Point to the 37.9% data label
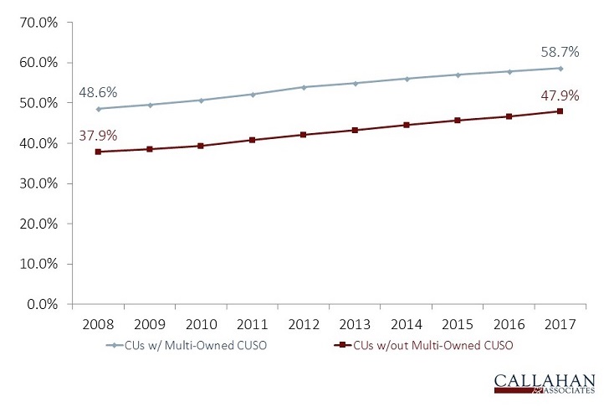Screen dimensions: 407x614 point(97,134)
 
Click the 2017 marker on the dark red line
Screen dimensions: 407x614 point(560,111)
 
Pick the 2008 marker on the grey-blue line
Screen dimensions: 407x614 point(99,109)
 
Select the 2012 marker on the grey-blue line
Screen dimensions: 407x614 point(304,87)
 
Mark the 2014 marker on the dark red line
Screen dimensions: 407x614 point(407,125)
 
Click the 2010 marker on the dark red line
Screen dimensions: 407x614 point(201,146)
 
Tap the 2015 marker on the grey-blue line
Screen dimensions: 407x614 point(458,75)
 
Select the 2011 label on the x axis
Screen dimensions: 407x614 point(252,322)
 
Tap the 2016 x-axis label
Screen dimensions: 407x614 point(509,322)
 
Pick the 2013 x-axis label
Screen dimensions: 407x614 point(355,322)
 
